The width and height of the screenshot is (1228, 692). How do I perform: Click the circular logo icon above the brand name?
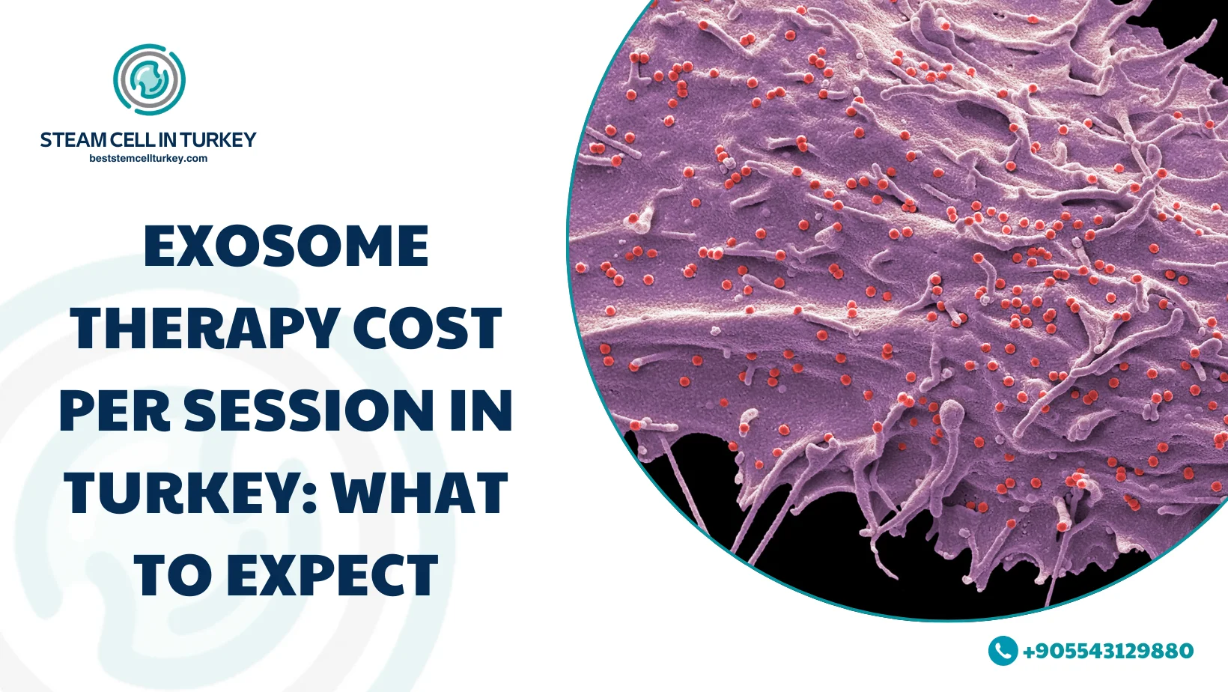coord(150,79)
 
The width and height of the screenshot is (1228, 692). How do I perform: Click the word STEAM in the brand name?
coord(73,140)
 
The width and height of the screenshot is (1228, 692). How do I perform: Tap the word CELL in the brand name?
coord(132,140)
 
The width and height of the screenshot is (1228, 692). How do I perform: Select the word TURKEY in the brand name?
coord(218,140)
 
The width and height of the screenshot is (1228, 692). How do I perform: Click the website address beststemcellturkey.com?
coord(148,159)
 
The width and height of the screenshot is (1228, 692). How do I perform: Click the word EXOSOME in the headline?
coord(286,246)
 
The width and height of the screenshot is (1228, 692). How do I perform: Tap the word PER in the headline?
coord(115,411)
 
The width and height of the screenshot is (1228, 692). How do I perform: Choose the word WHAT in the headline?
coord(420,494)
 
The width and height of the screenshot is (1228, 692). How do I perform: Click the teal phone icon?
coord(1003,651)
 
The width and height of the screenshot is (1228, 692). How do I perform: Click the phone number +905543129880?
coord(1108,651)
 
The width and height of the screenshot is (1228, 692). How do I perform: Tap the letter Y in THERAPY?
coord(320,329)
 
